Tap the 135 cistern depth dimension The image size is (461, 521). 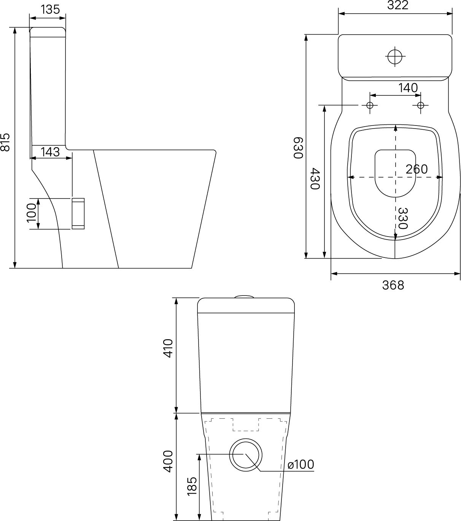(x=50, y=9)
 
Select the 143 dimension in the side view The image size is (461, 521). (x=50, y=152)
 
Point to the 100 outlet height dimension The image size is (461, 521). (x=32, y=213)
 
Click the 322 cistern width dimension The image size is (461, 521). (x=398, y=5)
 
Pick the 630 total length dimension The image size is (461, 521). (x=299, y=148)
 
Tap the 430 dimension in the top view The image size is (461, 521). (x=315, y=179)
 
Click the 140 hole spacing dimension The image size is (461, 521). (x=408, y=88)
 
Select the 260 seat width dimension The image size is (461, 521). (x=417, y=169)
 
